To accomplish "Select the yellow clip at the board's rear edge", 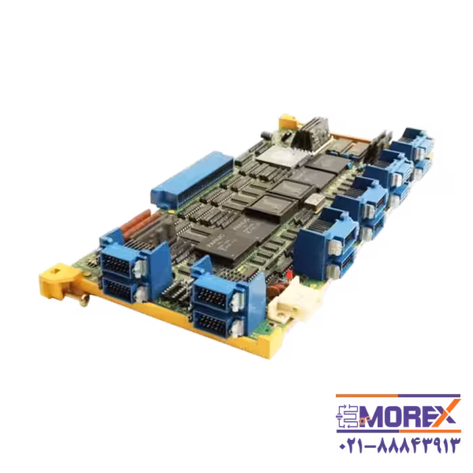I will click(287, 122).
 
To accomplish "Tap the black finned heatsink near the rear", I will click(310, 131).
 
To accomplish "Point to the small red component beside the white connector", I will click(289, 276).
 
